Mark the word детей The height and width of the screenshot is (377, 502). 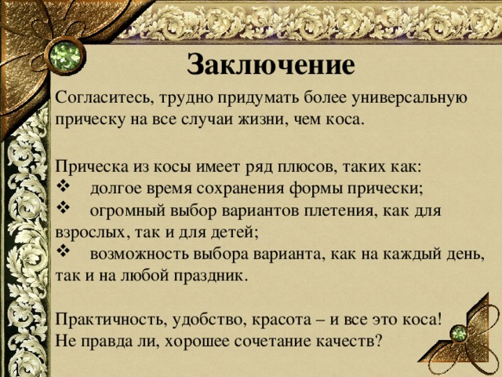click(x=231, y=232)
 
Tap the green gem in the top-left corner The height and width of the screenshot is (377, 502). click(x=61, y=55)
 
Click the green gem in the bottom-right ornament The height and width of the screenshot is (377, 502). click(x=457, y=335)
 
